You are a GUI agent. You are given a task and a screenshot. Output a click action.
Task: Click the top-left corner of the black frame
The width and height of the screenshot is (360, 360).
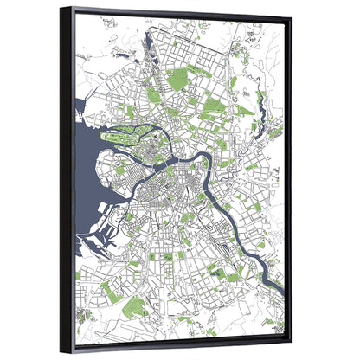pos(61,8)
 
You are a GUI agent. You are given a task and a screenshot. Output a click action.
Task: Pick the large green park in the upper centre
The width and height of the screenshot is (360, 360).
pos(178,80)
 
